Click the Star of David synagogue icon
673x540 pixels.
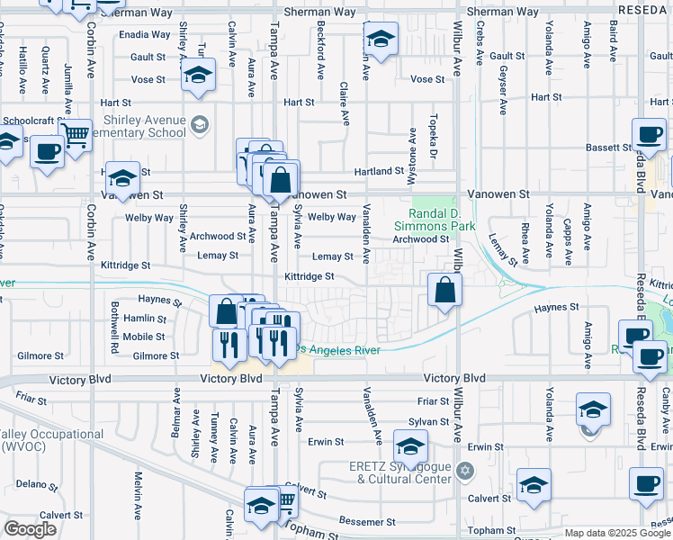point(464,471)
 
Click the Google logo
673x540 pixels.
point(30,529)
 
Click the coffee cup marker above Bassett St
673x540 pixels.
point(649,137)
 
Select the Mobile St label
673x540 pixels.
point(144,337)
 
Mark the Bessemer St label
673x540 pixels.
point(367,522)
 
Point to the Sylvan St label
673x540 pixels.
point(428,421)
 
